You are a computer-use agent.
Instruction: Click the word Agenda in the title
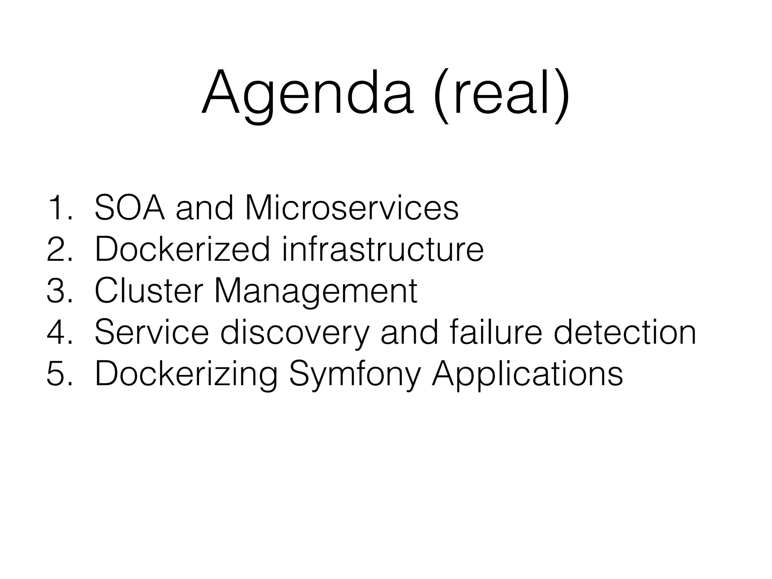307,92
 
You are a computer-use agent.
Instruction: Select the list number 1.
58,208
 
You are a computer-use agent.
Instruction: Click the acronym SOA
129,208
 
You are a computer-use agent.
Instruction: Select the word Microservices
351,208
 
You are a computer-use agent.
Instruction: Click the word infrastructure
383,250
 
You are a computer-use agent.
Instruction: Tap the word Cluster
149,291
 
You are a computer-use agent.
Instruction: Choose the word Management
316,291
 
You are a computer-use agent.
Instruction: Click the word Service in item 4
151,332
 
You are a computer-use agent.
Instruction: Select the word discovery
294,332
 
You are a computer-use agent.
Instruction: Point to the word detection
625,332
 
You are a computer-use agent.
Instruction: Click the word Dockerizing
186,374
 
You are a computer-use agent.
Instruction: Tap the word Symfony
354,374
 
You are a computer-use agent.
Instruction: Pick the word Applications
527,374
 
